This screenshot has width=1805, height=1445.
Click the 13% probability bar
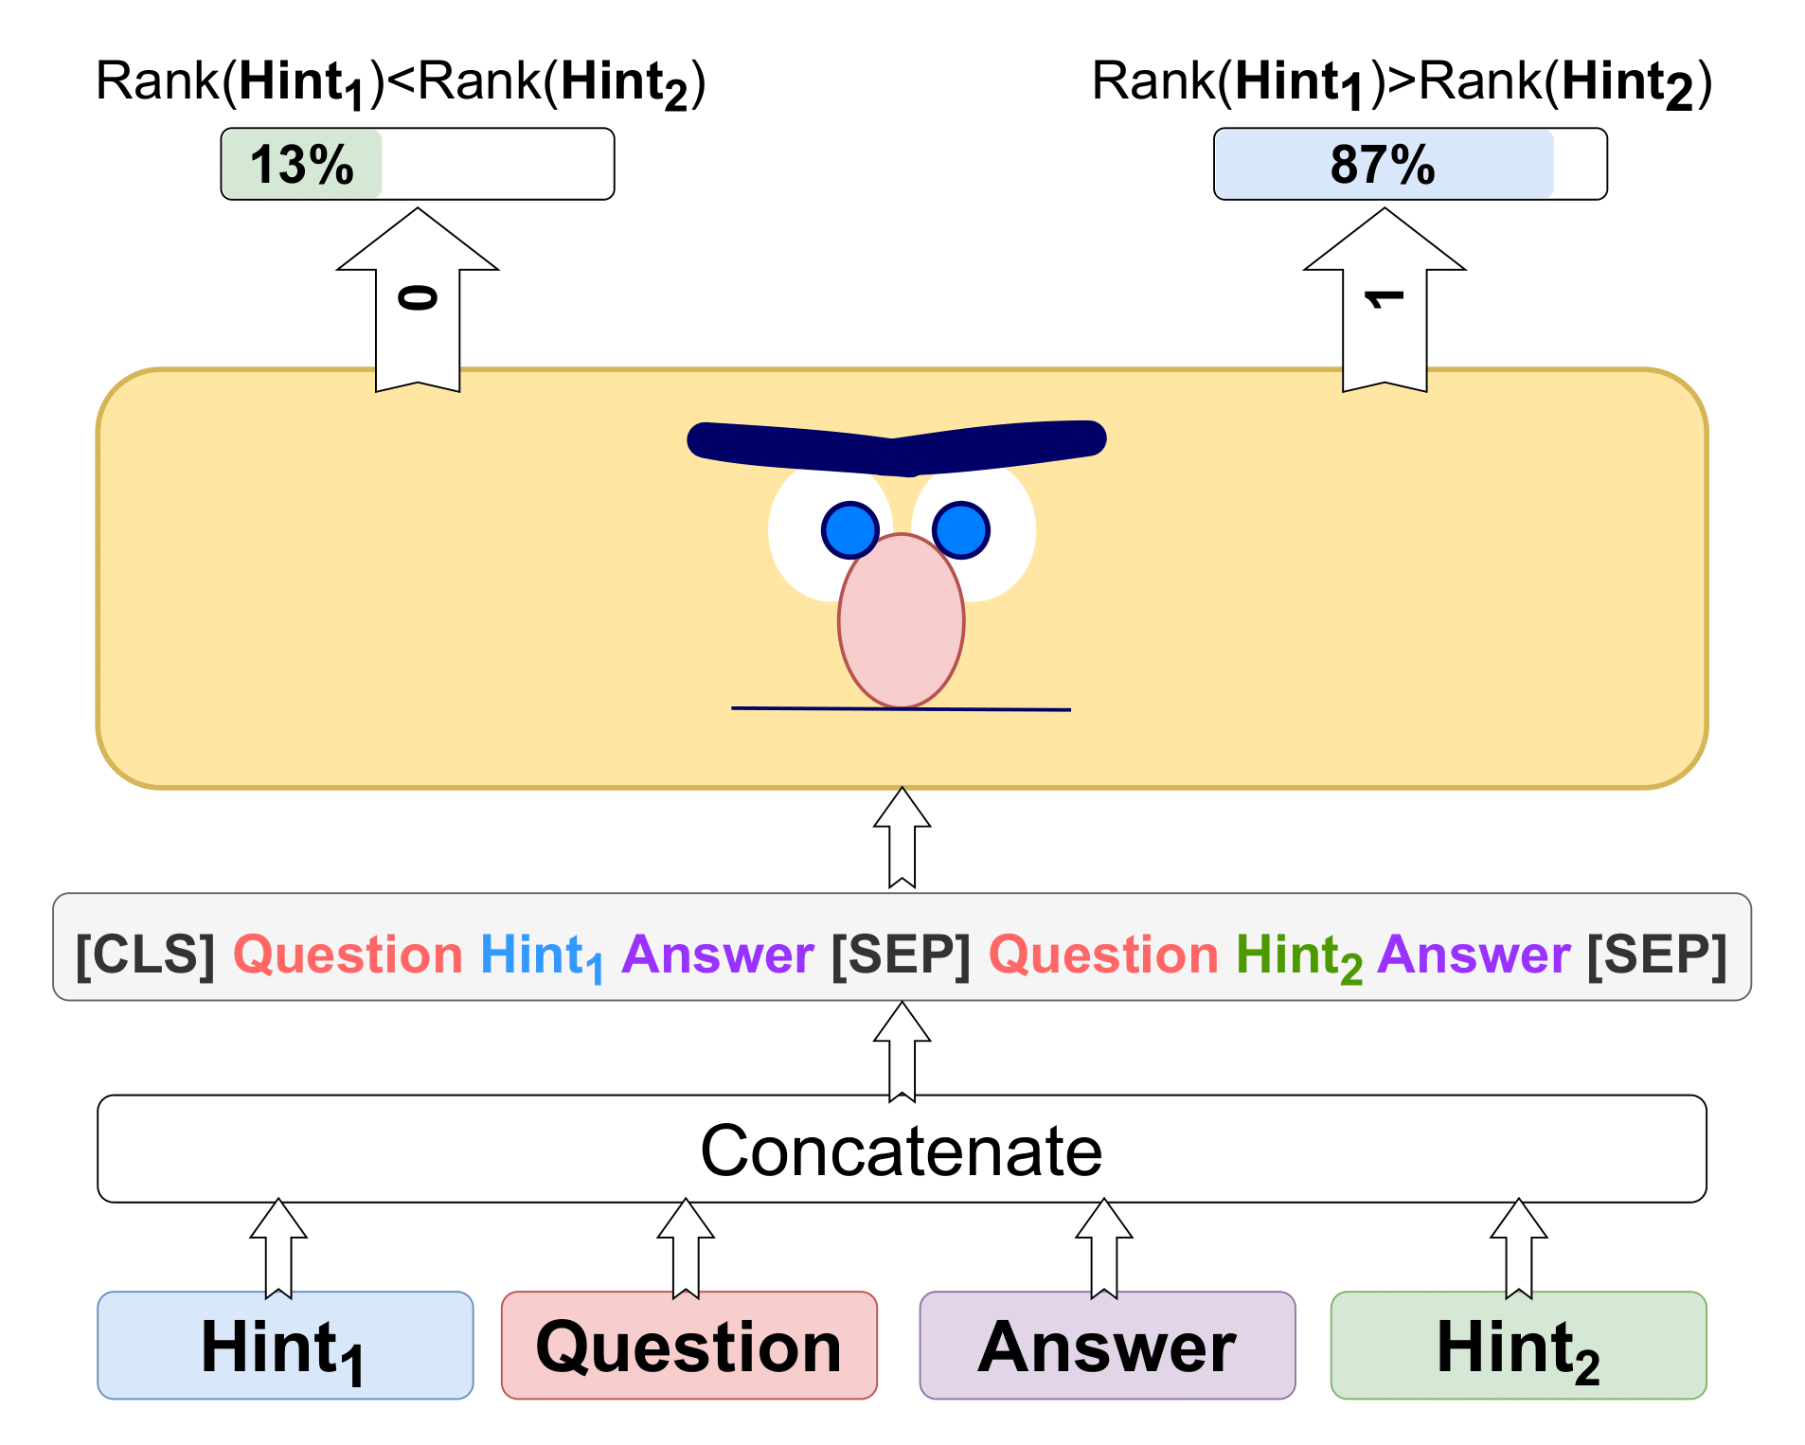[418, 164]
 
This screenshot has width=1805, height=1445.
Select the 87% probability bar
[1410, 164]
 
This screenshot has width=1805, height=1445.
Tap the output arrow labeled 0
[418, 299]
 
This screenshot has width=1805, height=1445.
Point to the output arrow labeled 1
[1385, 299]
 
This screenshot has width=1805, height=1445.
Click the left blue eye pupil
[850, 530]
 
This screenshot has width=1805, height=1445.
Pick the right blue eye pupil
[960, 530]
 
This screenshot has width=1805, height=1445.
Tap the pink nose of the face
[902, 620]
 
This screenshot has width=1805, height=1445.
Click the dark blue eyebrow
[897, 447]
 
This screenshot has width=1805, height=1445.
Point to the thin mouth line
[901, 708]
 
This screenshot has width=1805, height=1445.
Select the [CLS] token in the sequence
[145, 954]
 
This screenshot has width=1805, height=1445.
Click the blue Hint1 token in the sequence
[542, 956]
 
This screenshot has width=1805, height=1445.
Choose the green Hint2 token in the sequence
[1299, 956]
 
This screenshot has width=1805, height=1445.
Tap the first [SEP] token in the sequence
[901, 954]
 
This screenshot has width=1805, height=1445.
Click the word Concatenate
[902, 1151]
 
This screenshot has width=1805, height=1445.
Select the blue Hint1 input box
[285, 1345]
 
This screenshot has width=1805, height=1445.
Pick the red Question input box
[689, 1345]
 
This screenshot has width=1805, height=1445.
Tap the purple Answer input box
[1107, 1345]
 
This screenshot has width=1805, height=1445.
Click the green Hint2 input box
[1519, 1345]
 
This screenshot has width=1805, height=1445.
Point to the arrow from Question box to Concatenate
[686, 1248]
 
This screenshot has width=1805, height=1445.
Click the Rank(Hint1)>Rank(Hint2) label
[1403, 83]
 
